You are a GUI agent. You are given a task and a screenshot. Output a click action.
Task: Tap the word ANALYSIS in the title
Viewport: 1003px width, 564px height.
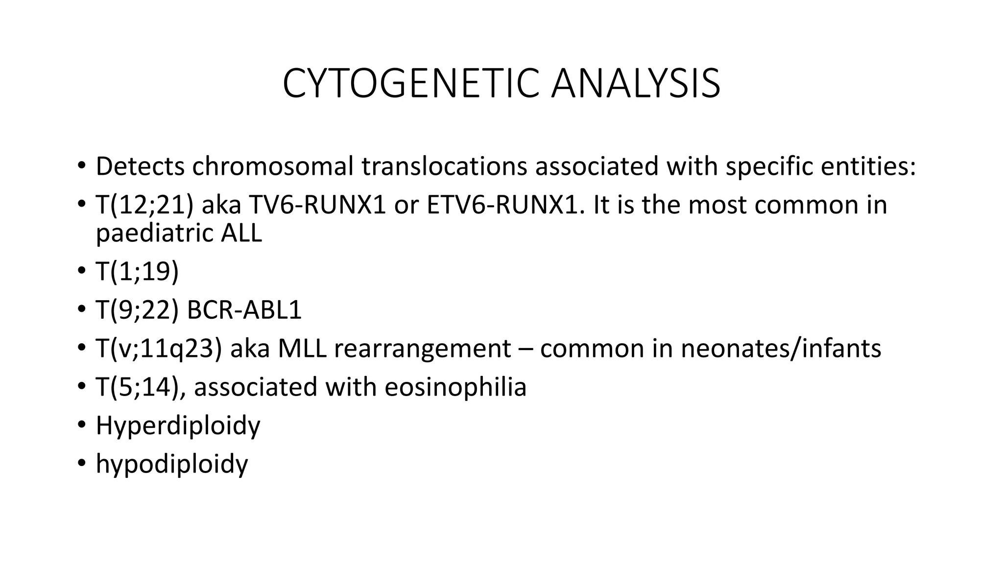click(x=635, y=84)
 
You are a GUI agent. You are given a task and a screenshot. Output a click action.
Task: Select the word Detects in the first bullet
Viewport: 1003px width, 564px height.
click(x=140, y=166)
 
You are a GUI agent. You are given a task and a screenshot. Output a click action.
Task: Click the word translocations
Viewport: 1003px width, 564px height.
click(x=444, y=166)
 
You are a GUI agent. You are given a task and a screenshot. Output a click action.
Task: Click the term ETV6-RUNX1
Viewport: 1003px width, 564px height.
click(x=505, y=205)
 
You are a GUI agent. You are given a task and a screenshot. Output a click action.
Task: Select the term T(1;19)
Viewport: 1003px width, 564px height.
click(x=138, y=272)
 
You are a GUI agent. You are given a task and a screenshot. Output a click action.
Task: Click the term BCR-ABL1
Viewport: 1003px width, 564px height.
click(x=244, y=310)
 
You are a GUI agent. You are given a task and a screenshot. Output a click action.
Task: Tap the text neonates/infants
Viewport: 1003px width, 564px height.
click(x=781, y=349)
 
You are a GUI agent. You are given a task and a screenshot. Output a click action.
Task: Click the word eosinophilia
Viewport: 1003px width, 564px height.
click(x=455, y=387)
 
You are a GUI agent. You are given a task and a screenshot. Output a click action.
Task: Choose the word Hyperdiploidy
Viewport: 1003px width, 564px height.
click(x=178, y=425)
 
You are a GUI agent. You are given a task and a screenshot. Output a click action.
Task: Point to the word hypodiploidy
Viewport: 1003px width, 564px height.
click(x=172, y=464)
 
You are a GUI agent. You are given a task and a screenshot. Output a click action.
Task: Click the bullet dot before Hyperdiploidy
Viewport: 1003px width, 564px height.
click(x=81, y=424)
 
